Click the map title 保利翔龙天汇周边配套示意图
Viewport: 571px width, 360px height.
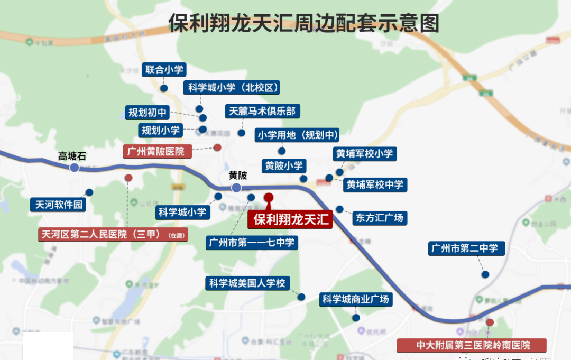(x=304, y=23)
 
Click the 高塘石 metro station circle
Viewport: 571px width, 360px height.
(x=74, y=167)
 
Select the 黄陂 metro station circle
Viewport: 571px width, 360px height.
(x=236, y=188)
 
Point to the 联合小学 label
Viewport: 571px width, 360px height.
(x=164, y=70)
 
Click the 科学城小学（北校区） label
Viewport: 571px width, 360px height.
(x=232, y=88)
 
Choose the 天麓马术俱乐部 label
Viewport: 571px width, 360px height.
(x=263, y=111)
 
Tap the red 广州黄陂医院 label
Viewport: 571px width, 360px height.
(x=158, y=151)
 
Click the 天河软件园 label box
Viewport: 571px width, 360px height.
(x=59, y=205)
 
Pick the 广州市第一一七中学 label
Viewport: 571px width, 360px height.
(x=252, y=243)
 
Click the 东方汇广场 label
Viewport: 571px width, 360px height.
(x=380, y=217)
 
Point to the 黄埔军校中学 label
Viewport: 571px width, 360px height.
(x=374, y=184)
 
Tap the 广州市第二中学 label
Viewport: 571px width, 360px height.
(x=466, y=248)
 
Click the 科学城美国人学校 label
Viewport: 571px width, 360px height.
(x=247, y=283)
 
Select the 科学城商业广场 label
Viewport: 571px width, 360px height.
(x=356, y=299)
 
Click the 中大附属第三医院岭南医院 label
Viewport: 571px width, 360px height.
(x=473, y=345)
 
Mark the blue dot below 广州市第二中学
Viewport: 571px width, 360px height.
(x=484, y=274)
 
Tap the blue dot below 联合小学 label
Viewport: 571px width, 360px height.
(x=164, y=88)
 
